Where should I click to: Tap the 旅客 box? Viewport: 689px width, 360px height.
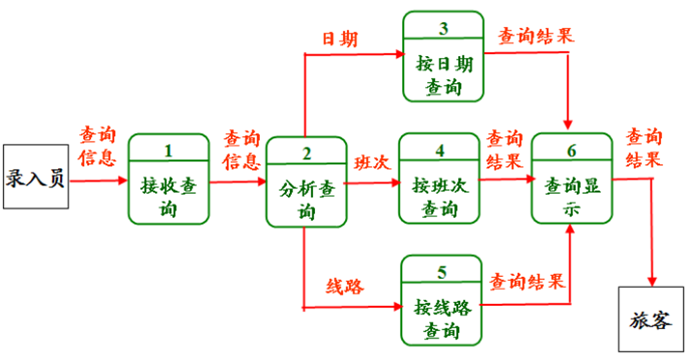click(x=650, y=319)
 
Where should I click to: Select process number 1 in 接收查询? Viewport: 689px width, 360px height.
click(x=168, y=151)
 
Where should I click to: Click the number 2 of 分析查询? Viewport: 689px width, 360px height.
click(x=306, y=153)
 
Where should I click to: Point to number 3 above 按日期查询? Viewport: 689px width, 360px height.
click(x=443, y=28)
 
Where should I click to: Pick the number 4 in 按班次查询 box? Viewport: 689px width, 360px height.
click(x=439, y=151)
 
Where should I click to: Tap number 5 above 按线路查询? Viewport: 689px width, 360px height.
click(x=441, y=273)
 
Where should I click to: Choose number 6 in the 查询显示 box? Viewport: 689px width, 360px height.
click(x=571, y=151)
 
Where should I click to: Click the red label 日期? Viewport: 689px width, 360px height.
click(x=340, y=38)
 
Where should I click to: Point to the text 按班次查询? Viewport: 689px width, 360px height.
click(x=440, y=197)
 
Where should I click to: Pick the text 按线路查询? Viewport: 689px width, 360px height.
click(x=442, y=318)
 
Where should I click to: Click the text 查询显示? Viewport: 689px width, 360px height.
click(x=571, y=198)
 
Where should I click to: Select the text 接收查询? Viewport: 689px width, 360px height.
click(x=169, y=197)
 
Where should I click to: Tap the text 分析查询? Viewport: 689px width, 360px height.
click(x=306, y=198)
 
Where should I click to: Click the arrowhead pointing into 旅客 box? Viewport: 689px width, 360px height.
click(x=653, y=280)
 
